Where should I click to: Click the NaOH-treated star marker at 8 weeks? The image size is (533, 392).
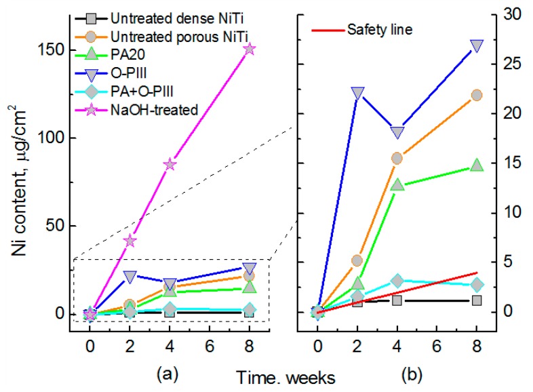pyautogui.click(x=249, y=49)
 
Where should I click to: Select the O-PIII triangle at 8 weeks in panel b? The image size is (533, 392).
pyautogui.click(x=477, y=45)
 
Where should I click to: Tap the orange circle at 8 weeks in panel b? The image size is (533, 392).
pyautogui.click(x=477, y=95)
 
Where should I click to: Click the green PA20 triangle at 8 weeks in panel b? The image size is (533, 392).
pyautogui.click(x=477, y=165)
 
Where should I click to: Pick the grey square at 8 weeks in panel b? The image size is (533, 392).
pyautogui.click(x=477, y=300)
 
